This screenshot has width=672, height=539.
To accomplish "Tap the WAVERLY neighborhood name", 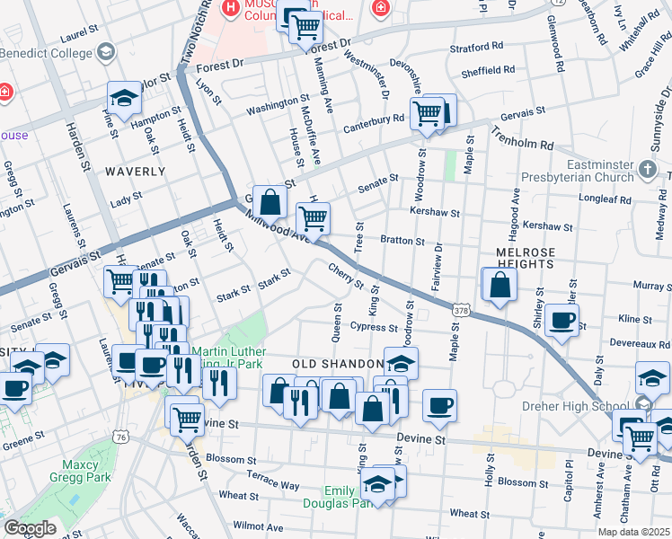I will tap(135, 171).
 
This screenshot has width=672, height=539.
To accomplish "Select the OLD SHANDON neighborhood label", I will tap(332, 364).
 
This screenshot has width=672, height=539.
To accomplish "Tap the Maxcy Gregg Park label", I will tap(84, 474).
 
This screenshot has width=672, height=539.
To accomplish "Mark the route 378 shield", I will tap(462, 309).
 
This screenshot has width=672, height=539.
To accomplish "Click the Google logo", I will tap(30, 527).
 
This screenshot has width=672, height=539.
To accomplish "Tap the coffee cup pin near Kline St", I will tap(562, 322).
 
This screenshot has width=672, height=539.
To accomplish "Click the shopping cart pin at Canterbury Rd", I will tap(426, 114).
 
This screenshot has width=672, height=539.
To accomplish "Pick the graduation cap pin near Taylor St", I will tap(125, 98).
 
